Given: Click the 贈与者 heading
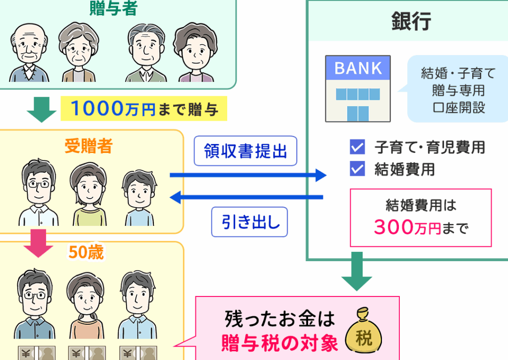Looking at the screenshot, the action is click(x=114, y=8).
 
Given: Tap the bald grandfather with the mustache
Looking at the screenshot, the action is click(x=29, y=53).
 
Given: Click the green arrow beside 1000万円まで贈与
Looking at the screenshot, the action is click(x=42, y=109).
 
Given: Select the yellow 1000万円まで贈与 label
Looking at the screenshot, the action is click(x=144, y=108).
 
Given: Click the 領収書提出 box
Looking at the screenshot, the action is click(x=245, y=151).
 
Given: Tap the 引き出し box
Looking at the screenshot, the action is click(x=250, y=222).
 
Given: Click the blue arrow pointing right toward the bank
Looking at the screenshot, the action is click(x=248, y=175).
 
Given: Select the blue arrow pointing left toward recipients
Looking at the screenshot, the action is click(x=247, y=197).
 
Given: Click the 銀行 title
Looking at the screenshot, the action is click(x=411, y=21).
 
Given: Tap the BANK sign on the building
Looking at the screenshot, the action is click(x=358, y=68).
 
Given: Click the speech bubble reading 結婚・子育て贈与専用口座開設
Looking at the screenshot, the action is click(x=457, y=89).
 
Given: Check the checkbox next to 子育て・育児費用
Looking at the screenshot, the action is click(x=357, y=147).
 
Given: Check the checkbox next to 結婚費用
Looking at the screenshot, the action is click(x=357, y=169).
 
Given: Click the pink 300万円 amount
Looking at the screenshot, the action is click(x=408, y=227).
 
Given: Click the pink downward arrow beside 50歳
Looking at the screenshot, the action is click(x=38, y=243).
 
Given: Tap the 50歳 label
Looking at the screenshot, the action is click(x=86, y=252).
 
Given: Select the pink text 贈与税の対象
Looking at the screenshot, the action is click(x=280, y=343).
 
